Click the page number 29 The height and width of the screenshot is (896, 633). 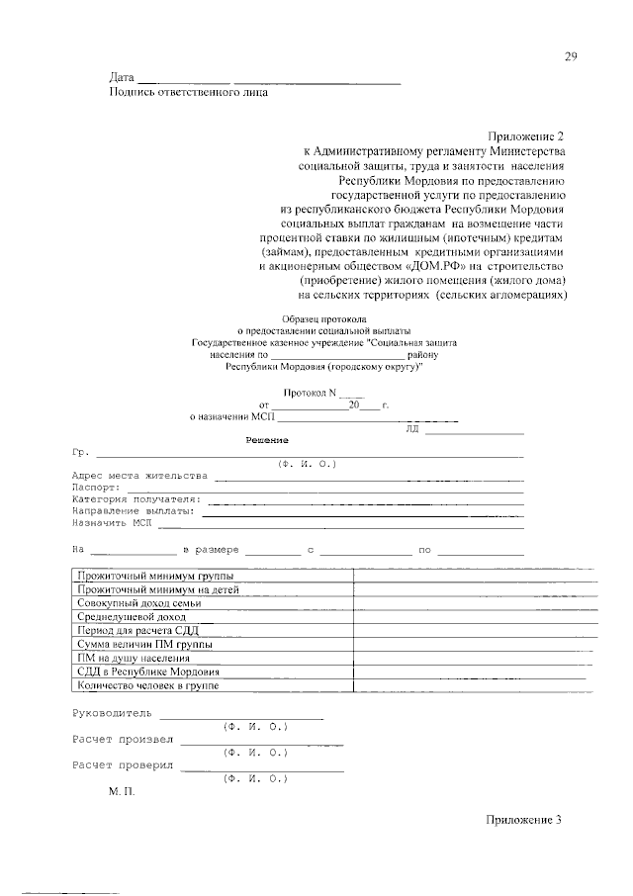(571, 56)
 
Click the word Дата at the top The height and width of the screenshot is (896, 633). (121, 78)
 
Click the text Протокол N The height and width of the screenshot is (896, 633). (311, 392)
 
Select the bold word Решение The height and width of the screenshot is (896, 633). (266, 439)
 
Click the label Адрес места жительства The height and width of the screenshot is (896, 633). (140, 475)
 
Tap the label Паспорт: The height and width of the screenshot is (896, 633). (97, 488)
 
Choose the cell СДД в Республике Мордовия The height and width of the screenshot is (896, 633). (147, 671)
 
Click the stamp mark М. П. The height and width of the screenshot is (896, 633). (120, 792)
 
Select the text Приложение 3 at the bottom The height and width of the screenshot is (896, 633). (523, 820)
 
